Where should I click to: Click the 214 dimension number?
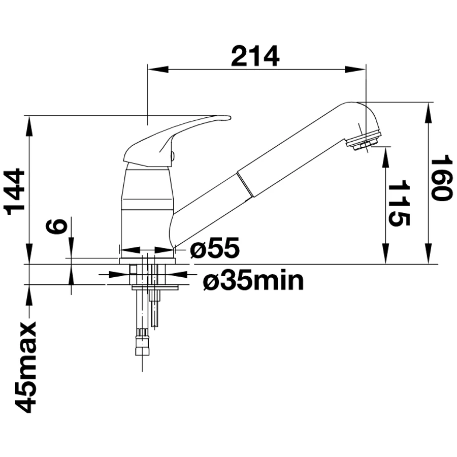[x=255, y=56]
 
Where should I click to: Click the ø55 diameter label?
[x=215, y=247]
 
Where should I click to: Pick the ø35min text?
[x=253, y=280]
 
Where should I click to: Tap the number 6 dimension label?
[x=56, y=227]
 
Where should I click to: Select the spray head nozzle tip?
[x=364, y=142]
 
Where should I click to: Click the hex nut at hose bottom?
[x=142, y=346]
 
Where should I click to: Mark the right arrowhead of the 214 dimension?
[x=355, y=70]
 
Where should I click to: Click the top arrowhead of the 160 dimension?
[x=429, y=113]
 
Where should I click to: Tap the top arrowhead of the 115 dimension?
[x=386, y=157]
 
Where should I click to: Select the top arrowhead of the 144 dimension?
[x=29, y=126]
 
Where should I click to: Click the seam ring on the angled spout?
[x=245, y=182]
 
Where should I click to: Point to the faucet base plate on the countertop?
[x=147, y=261]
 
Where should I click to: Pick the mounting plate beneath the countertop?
[x=155, y=288]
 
